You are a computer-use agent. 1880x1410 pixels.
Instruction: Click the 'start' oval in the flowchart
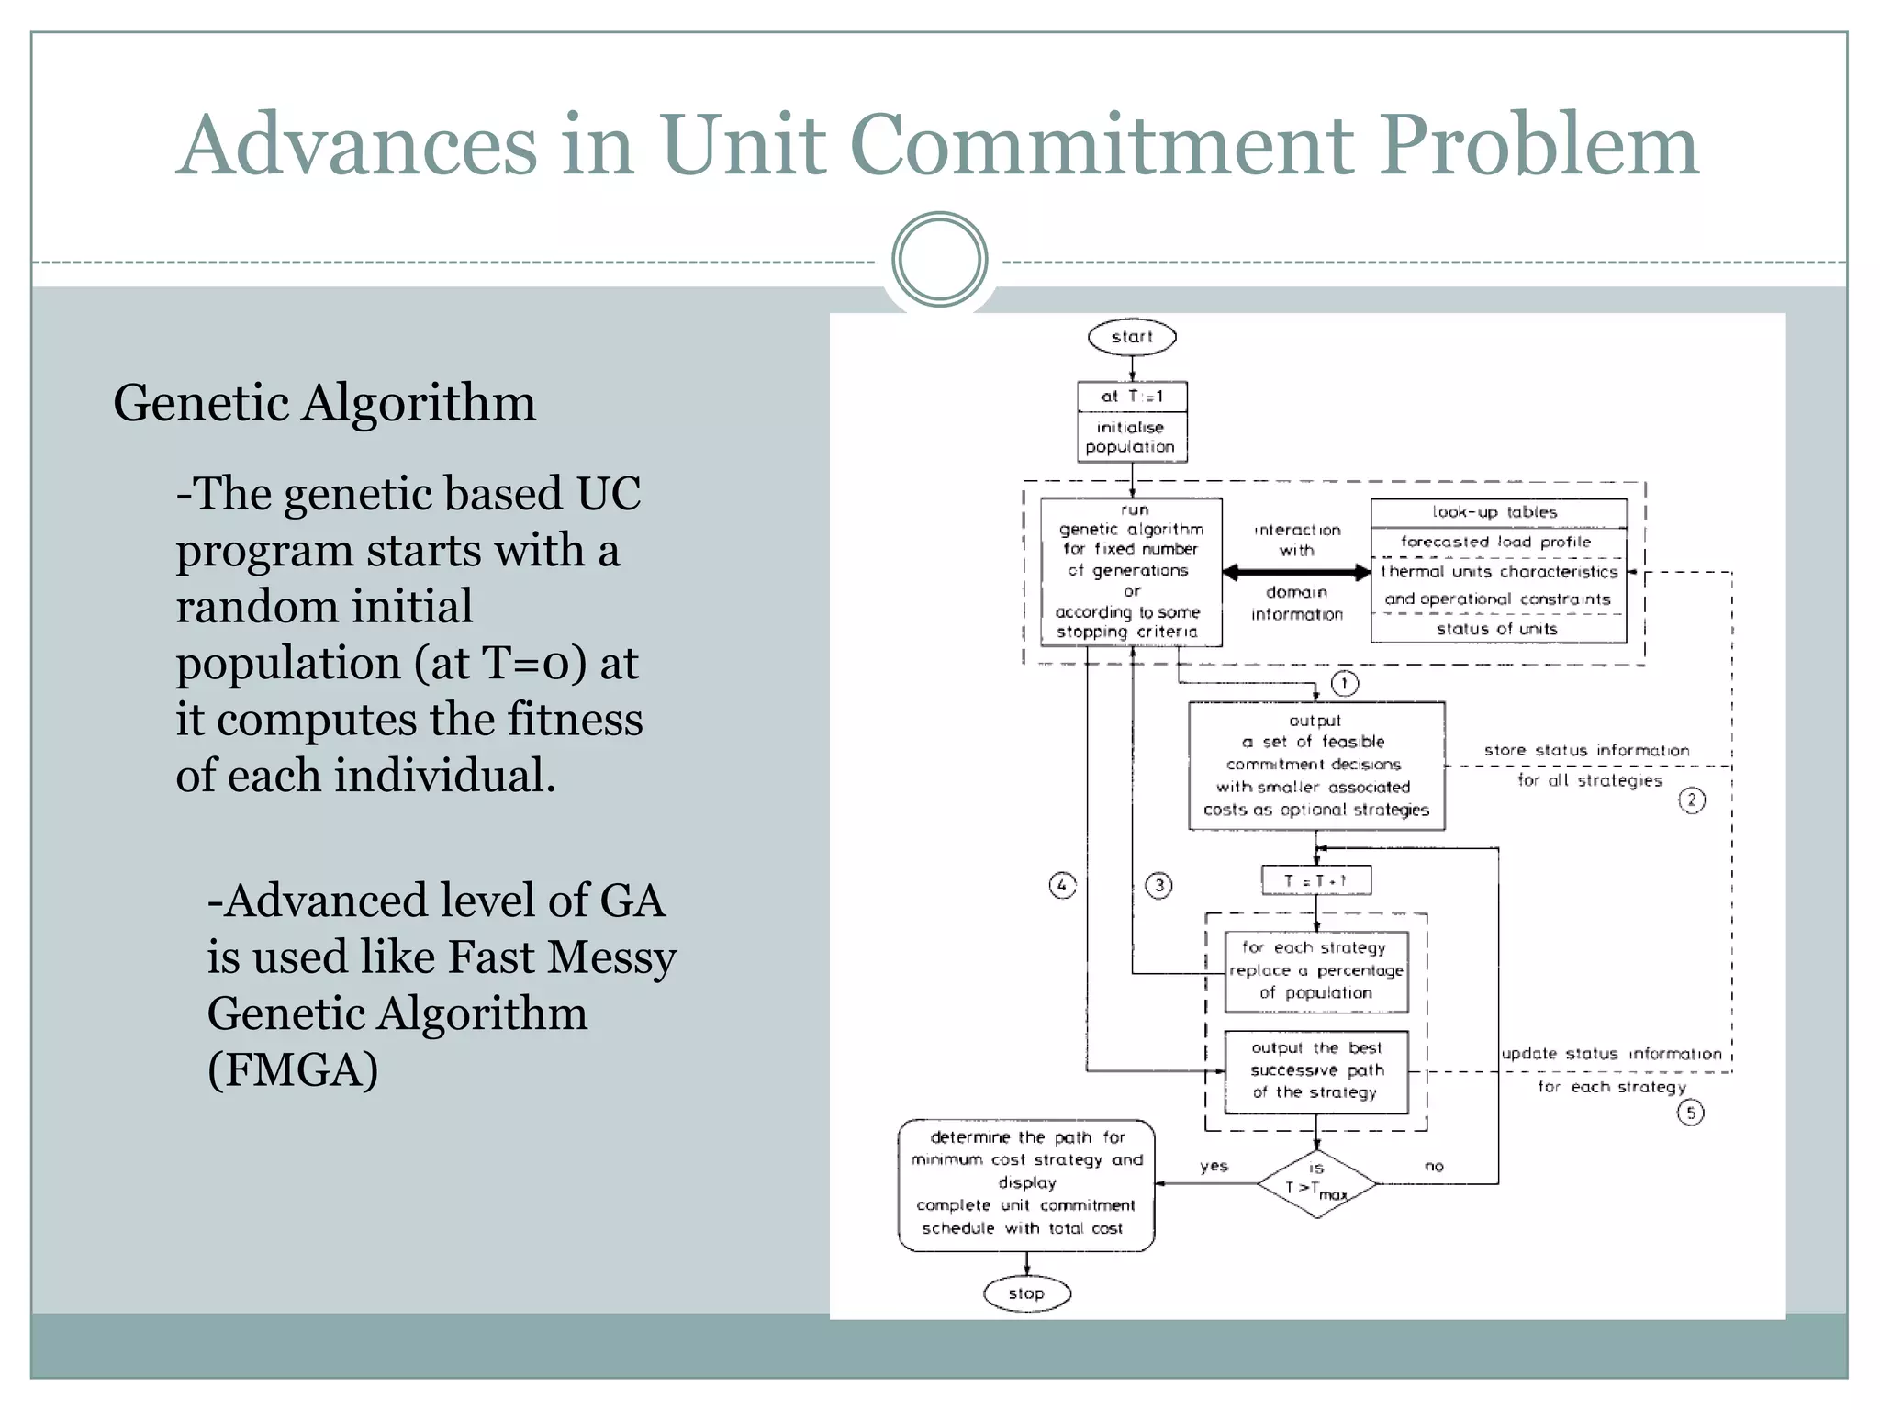[x=1131, y=337]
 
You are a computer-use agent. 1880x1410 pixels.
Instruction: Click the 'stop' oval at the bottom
[x=1026, y=1293]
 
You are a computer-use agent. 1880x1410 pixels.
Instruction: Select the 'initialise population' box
[x=1131, y=437]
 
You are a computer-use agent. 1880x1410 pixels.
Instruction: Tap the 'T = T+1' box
[x=1315, y=880]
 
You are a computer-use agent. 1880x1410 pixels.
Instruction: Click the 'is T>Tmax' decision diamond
[x=1316, y=1183]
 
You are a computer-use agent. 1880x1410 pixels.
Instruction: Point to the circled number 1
[x=1344, y=683]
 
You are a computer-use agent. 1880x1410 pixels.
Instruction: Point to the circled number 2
[x=1692, y=800]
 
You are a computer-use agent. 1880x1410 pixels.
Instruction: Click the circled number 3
[x=1158, y=886]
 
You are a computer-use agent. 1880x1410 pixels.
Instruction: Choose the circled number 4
[x=1062, y=886]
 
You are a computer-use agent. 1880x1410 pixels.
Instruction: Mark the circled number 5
[x=1690, y=1113]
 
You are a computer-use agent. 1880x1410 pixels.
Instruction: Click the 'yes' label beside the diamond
[x=1214, y=1166]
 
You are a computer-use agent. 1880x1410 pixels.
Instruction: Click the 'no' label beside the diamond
[x=1434, y=1166]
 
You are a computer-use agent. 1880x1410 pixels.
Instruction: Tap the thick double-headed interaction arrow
[x=1296, y=573]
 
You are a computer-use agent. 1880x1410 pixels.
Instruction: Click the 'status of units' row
[x=1496, y=629]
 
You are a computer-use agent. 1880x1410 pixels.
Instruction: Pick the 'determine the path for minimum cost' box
[x=1026, y=1184]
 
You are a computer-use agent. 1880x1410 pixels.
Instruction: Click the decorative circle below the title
[x=939, y=259]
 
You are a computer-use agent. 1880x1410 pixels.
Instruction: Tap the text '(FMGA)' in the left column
[x=293, y=1069]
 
